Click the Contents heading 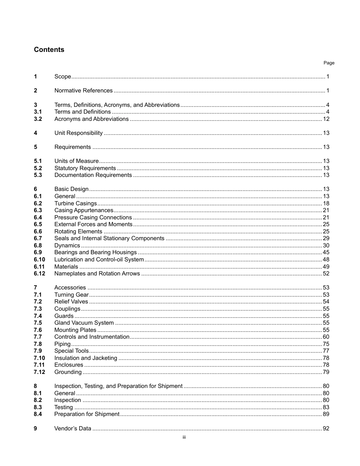[x=49, y=50]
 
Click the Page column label [x=329, y=63]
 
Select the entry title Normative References [x=83, y=91]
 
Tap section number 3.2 [x=38, y=119]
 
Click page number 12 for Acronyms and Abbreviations [x=326, y=119]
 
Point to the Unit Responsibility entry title [x=78, y=133]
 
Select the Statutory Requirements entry [x=85, y=168]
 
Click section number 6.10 [x=39, y=260]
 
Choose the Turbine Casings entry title [x=75, y=203]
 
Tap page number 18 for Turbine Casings [x=326, y=203]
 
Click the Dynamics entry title [x=67, y=246]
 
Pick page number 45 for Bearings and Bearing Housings [x=326, y=252]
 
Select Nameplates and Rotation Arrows [x=97, y=274]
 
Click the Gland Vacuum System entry [x=84, y=323]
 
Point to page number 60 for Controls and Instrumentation [x=326, y=337]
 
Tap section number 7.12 [x=39, y=372]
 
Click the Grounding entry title [x=68, y=372]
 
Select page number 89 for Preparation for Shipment [x=326, y=414]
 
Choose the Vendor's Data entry [x=73, y=428]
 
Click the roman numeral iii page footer [x=184, y=437]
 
